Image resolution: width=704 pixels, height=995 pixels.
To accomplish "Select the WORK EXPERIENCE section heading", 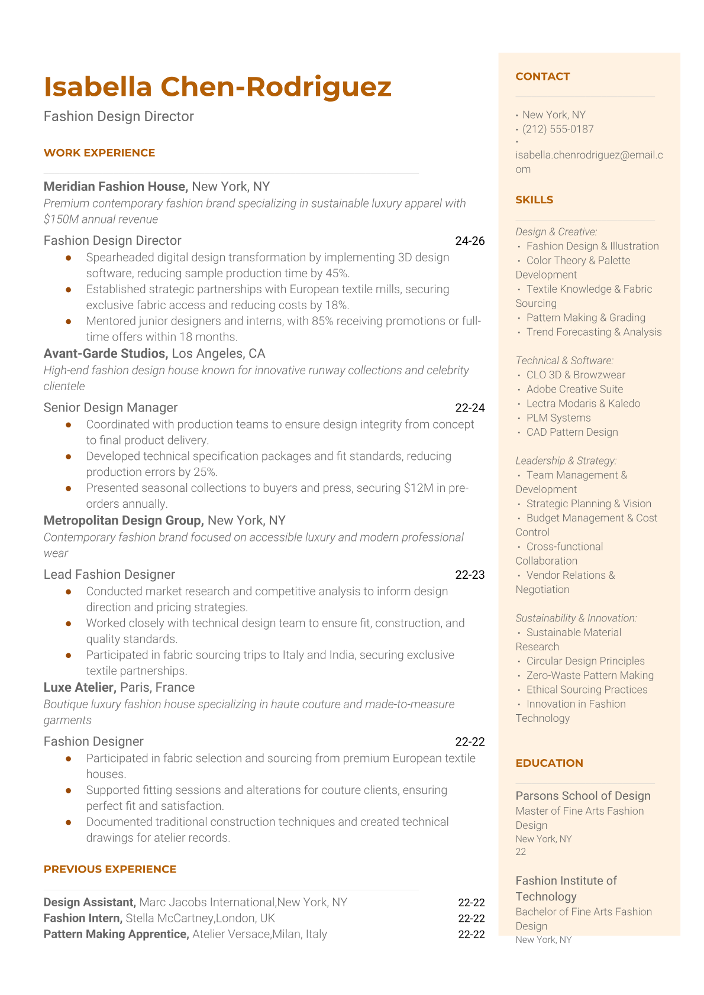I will tap(99, 153).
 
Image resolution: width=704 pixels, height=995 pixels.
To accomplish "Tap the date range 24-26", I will tap(470, 241).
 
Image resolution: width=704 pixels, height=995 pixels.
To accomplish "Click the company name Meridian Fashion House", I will tap(115, 187).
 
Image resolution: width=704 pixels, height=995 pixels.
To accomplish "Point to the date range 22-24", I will tap(470, 407).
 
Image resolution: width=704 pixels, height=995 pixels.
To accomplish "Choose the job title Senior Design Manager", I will tap(111, 407).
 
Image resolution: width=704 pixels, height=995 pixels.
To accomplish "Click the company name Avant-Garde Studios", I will tap(105, 354).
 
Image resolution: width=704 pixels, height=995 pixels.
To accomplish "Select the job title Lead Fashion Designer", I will tap(109, 575).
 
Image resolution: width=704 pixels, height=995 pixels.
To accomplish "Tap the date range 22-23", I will tap(470, 575).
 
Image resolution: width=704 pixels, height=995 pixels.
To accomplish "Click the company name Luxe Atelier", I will tap(79, 688).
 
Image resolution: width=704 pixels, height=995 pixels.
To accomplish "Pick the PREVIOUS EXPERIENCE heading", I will tap(110, 869).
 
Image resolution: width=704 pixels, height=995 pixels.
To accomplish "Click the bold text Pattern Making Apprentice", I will tap(116, 934).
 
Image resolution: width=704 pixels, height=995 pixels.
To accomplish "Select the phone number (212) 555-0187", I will tap(558, 129).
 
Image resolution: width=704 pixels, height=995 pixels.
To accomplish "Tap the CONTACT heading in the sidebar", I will tap(542, 76).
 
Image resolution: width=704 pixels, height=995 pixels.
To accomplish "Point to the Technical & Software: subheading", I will tap(564, 361).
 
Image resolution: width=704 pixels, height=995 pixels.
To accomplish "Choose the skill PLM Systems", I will tap(558, 418).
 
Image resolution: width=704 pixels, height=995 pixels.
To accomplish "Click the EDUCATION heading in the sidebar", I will tap(549, 763).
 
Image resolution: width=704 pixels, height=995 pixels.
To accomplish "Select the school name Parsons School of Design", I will tap(583, 796).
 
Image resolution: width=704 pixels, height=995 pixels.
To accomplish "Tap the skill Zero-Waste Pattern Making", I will tap(590, 675).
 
